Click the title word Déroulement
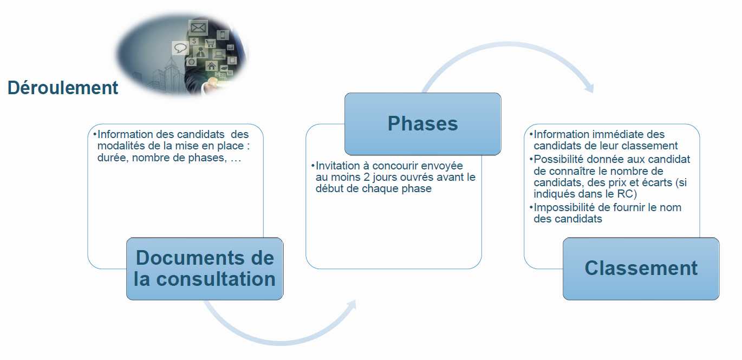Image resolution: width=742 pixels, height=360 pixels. coord(63,88)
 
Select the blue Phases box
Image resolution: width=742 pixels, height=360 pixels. coord(422,124)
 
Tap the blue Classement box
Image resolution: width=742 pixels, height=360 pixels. coord(641,269)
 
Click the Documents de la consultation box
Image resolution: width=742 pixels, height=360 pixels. coord(205,269)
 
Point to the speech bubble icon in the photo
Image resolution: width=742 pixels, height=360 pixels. coord(180,48)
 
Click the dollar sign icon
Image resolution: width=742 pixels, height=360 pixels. coord(194,41)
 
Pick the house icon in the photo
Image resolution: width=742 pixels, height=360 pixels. coord(211,66)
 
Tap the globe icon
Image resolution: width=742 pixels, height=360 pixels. coord(191,62)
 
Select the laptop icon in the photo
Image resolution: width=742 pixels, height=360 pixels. coord(219,54)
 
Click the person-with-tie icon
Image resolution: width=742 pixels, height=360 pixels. coord(200,52)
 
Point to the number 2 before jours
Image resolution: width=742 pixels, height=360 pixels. coord(366,177)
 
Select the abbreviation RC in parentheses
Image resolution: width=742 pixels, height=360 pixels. coord(624,194)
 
